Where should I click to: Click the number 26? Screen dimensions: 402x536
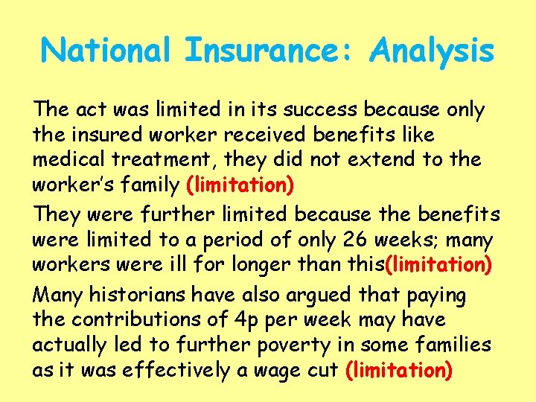click(x=357, y=240)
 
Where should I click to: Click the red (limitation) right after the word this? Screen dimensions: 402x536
click(x=435, y=264)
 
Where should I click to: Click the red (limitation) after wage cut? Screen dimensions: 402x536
click(x=400, y=369)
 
